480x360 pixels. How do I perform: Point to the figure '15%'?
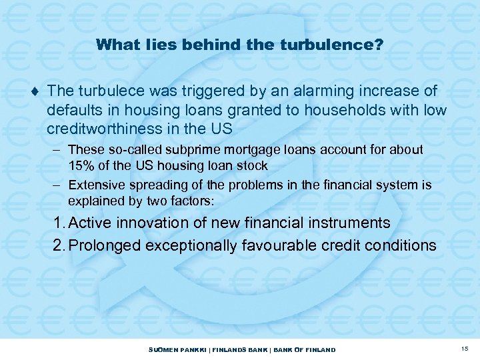pos(80,165)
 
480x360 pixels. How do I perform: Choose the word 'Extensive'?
pos(95,185)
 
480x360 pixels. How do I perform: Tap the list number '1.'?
pos(59,222)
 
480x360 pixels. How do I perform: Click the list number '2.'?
pos(59,245)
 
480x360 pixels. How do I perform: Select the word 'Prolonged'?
pos(101,245)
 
